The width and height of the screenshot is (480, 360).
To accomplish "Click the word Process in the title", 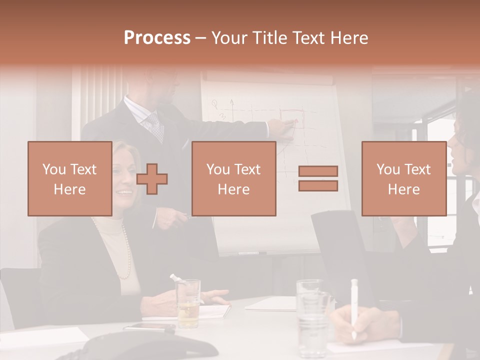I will (157, 38).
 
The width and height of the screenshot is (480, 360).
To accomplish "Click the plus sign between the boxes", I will (152, 179).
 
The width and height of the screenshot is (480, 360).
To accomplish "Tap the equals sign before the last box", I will (318, 178).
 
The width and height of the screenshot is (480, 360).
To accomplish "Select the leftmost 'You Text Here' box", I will (69, 178).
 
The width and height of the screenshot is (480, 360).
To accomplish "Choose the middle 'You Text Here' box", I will (233, 178).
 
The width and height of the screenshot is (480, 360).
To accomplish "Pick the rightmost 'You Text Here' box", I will (403, 178).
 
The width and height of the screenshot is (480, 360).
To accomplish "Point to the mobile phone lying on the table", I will (149, 327).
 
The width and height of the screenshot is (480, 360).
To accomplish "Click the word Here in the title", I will (350, 38).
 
